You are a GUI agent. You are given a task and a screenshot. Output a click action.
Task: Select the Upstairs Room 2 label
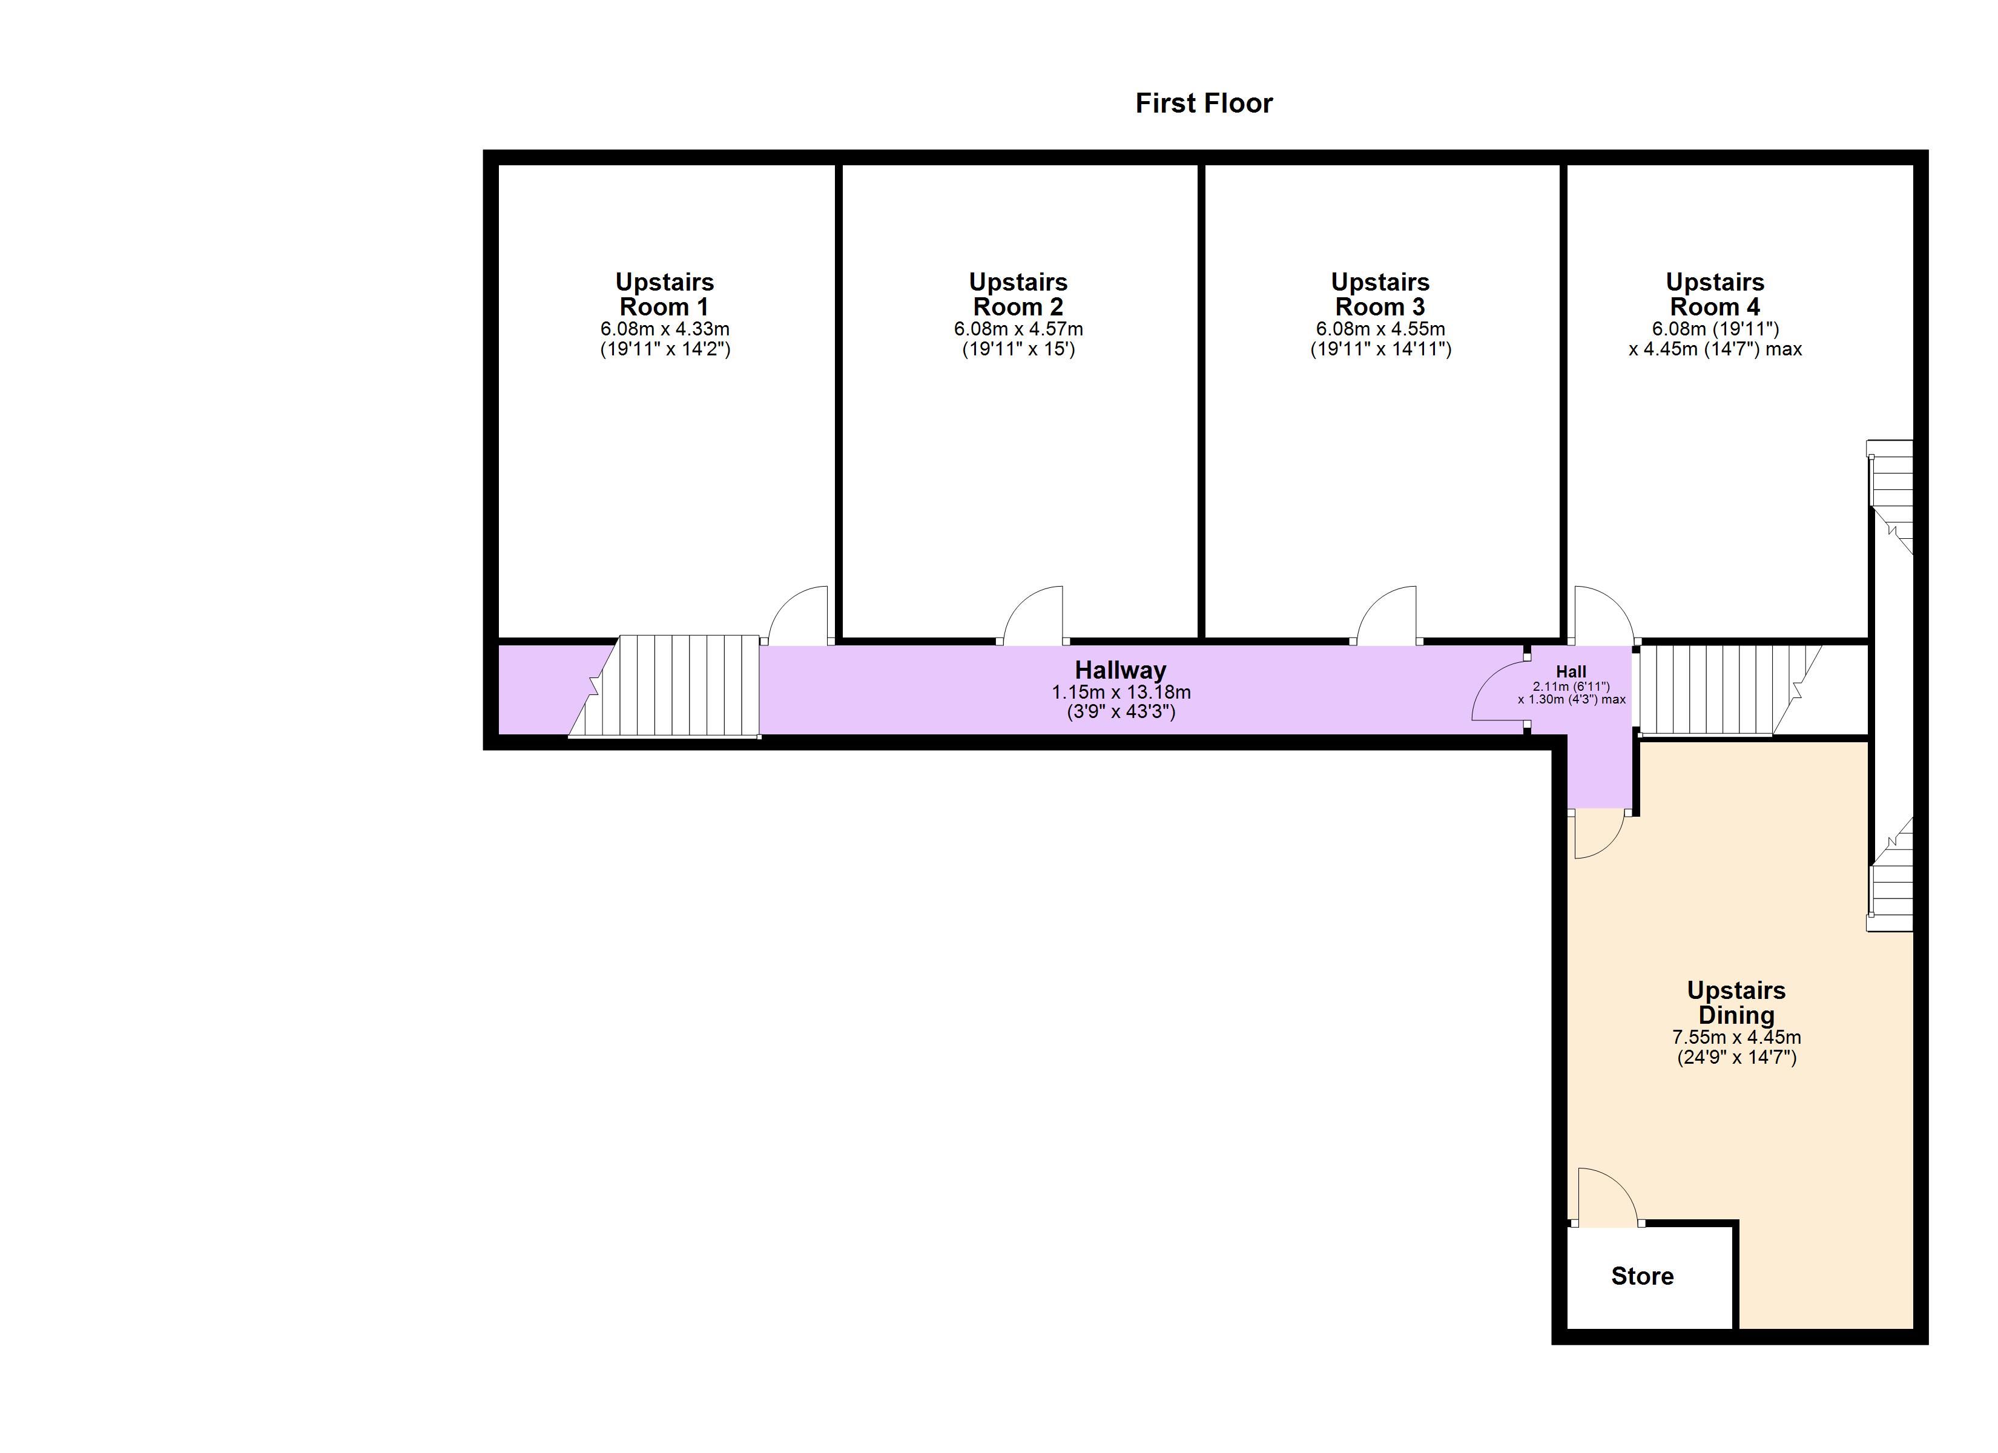click(1018, 294)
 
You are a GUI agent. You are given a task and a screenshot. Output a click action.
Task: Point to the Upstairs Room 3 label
click(1380, 294)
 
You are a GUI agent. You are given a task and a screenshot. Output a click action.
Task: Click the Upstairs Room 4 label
click(1715, 294)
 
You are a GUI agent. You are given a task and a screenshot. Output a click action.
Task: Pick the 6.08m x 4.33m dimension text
click(665, 329)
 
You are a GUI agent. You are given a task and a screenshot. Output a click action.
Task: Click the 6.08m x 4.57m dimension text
click(1018, 329)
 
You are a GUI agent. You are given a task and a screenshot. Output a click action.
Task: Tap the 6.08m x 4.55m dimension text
click(1380, 329)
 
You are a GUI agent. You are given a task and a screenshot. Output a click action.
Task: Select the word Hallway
click(1121, 671)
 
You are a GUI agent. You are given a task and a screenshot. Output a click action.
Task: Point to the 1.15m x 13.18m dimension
click(1121, 693)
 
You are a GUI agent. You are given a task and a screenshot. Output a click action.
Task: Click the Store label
click(1642, 1276)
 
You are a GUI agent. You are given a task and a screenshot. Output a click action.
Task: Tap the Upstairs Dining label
click(1736, 1003)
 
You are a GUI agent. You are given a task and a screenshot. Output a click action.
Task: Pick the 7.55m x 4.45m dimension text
click(1736, 1037)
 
